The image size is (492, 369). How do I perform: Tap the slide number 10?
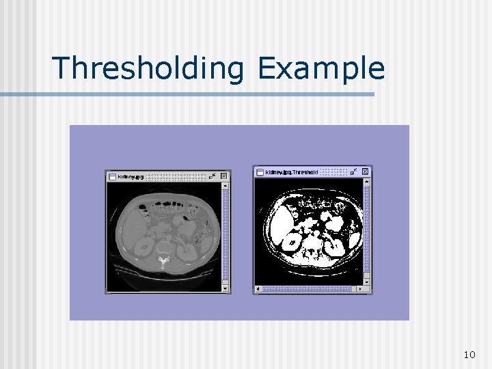(x=469, y=354)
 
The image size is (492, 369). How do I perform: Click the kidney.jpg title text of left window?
(x=131, y=176)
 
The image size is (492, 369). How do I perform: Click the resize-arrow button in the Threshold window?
(x=354, y=171)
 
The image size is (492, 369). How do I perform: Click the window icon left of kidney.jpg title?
(x=111, y=176)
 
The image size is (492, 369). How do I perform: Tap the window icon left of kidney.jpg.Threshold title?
(x=260, y=172)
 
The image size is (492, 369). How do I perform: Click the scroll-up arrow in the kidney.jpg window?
(x=225, y=185)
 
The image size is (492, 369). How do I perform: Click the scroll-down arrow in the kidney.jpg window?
(x=225, y=282)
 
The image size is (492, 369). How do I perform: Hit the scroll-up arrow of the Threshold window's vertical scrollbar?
(x=367, y=181)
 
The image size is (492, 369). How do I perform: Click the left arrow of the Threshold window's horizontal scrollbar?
(x=258, y=289)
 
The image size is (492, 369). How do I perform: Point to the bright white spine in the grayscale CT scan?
(x=163, y=260)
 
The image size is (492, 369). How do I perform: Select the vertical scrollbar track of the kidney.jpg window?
(x=225, y=232)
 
